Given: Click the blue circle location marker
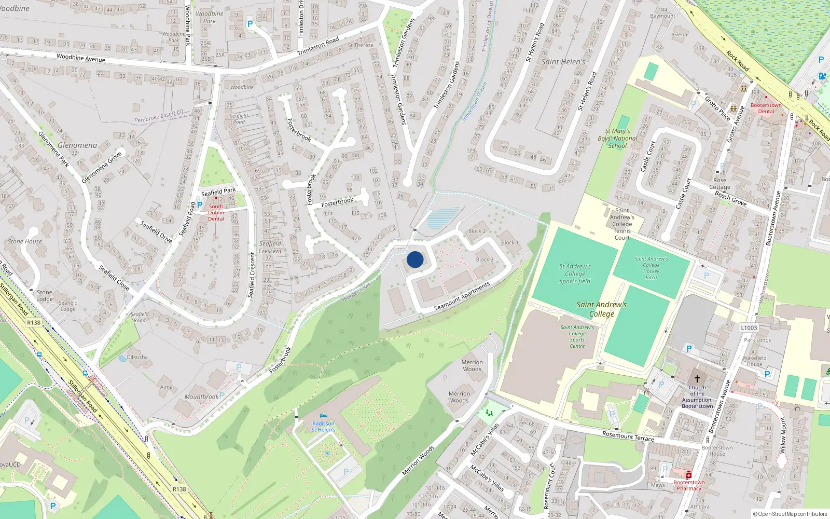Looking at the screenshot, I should pos(415,259).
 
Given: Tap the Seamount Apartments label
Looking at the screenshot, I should pos(462,297).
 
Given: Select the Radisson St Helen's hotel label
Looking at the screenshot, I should pos(323,427).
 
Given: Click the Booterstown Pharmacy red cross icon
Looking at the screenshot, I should pos(689,475).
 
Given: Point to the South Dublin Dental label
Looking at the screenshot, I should pos(216,212).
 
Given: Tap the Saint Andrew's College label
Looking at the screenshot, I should pos(602,309).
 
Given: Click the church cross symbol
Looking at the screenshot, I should pos(697,379).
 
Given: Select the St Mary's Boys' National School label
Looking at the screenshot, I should pos(617,139).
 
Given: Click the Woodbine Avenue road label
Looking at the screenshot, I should pos(80,58).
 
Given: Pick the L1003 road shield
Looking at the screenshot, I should pos(749,328).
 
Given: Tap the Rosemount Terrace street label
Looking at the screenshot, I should pos(628,436).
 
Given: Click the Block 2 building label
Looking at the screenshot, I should pos(477,231).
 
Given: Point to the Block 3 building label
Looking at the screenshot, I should pos(485,259).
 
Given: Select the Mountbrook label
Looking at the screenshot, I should pos(201,397).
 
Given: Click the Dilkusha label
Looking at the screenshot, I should pos(137,357).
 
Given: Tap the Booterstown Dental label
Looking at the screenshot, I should pos(766,108).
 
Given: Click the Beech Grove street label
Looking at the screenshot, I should pos(730,198).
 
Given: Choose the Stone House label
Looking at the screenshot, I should pos(25,241).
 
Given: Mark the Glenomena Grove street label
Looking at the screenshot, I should pos(102,167).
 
